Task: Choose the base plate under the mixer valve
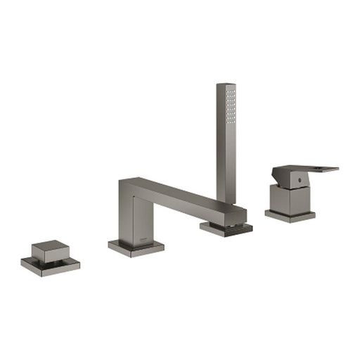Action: point(290,215)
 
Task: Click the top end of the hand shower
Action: point(226,86)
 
